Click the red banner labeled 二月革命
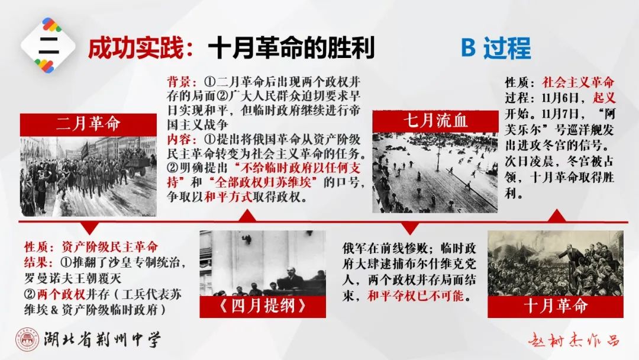pyautogui.click(x=88, y=124)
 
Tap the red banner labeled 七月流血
pyautogui.click(x=435, y=121)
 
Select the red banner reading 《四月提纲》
pyautogui.click(x=263, y=307)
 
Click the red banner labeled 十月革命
pyautogui.click(x=556, y=307)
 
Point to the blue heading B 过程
pyautogui.click(x=496, y=48)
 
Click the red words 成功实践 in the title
pyautogui.click(x=136, y=49)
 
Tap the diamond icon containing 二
pyautogui.click(x=49, y=46)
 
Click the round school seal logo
pyautogui.click(x=28, y=339)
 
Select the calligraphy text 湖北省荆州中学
pyautogui.click(x=102, y=339)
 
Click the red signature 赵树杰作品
pyautogui.click(x=574, y=340)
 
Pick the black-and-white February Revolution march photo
pyautogui.click(x=88, y=176)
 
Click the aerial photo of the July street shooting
pyautogui.click(x=435, y=172)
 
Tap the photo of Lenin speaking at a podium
pyautogui.click(x=263, y=263)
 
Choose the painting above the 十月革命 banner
pyautogui.click(x=556, y=263)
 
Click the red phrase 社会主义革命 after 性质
pyautogui.click(x=578, y=82)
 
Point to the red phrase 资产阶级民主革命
pyautogui.click(x=109, y=247)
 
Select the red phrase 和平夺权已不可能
pyautogui.click(x=416, y=295)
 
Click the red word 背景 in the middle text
pyautogui.click(x=179, y=82)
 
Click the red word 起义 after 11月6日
pyautogui.click(x=604, y=98)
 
